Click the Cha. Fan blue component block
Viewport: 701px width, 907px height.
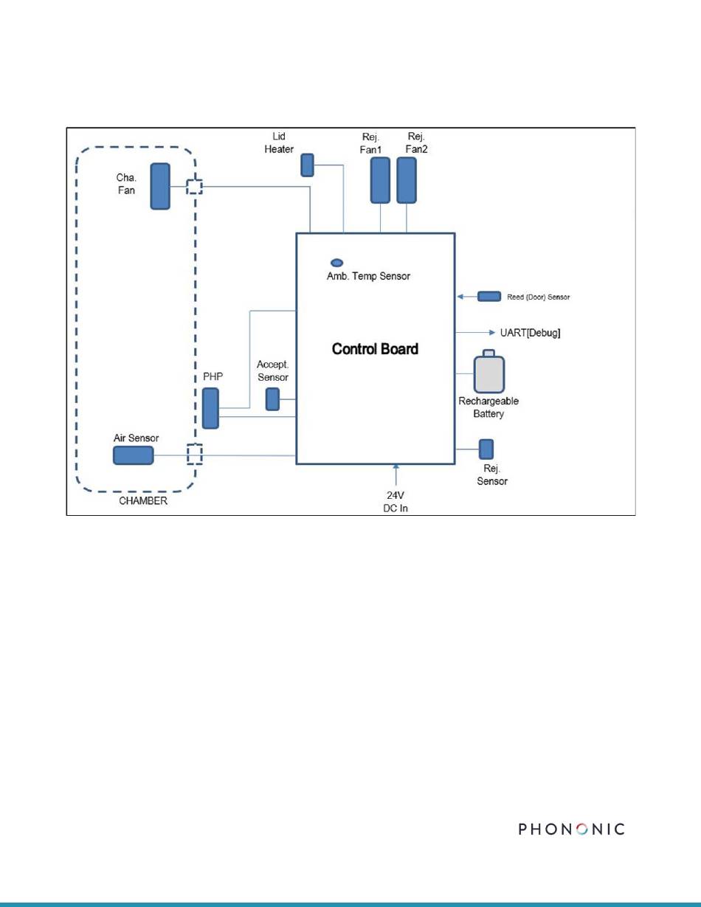(160, 186)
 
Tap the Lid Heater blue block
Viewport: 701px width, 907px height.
(308, 165)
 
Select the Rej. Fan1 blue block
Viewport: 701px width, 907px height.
(381, 180)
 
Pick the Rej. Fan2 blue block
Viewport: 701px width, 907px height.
(407, 180)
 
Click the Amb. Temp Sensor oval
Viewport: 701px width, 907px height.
(336, 263)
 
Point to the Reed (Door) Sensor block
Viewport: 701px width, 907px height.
(489, 297)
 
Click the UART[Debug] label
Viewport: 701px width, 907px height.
(530, 333)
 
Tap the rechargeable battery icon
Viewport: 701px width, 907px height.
(489, 371)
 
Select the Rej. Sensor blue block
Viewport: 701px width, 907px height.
(486, 449)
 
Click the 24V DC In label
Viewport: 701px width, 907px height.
(396, 502)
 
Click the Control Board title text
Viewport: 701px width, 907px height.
(375, 349)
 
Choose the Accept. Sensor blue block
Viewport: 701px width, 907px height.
(273, 399)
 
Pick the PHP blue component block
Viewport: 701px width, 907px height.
(211, 408)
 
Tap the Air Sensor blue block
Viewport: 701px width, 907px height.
(134, 455)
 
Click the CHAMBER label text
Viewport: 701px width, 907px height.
(143, 501)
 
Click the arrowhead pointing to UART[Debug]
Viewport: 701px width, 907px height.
(492, 333)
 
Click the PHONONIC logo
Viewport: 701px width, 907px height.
(572, 829)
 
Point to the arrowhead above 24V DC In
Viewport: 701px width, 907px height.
(396, 466)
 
